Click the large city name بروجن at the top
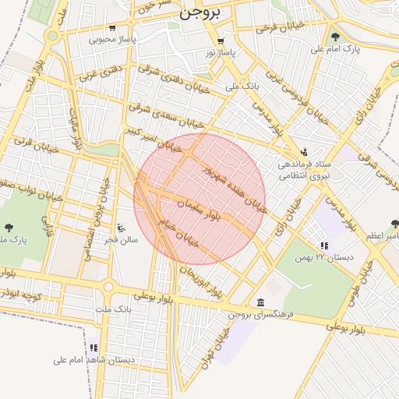coord(200,12)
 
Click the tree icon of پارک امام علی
coord(335,36)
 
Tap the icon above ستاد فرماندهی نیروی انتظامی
coord(304,151)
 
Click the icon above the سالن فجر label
coord(120,228)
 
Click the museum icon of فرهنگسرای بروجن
coord(259,302)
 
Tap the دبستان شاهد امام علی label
coord(94,359)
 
